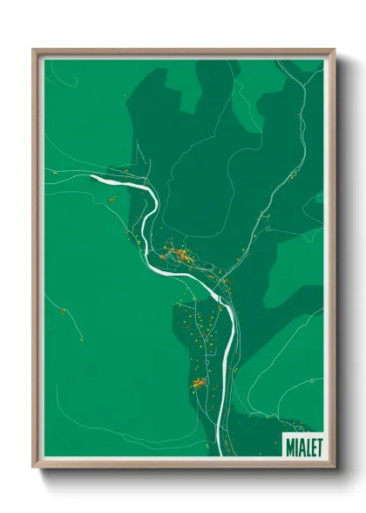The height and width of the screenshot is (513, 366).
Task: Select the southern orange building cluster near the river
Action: coord(199,382)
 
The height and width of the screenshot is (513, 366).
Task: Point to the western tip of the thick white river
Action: coord(92,177)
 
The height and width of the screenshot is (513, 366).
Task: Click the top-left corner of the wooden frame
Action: coord(34,50)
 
